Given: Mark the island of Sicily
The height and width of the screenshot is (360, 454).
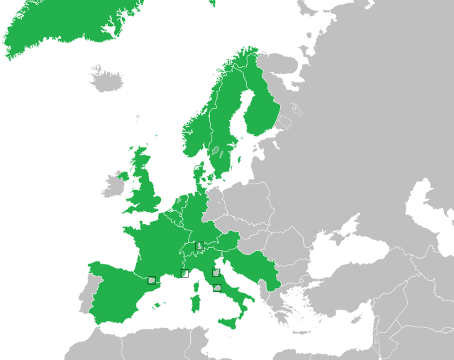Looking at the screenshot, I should click(231, 322).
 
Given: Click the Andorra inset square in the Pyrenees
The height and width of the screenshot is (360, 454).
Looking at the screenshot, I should click(151, 280).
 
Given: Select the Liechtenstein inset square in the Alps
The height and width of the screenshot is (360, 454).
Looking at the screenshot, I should click(199, 246).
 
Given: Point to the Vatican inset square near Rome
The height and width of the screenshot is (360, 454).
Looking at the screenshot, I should click(218, 288).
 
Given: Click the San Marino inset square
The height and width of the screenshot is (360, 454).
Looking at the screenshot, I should click(216, 273).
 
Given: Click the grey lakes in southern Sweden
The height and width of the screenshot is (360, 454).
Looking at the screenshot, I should click(217, 151).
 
